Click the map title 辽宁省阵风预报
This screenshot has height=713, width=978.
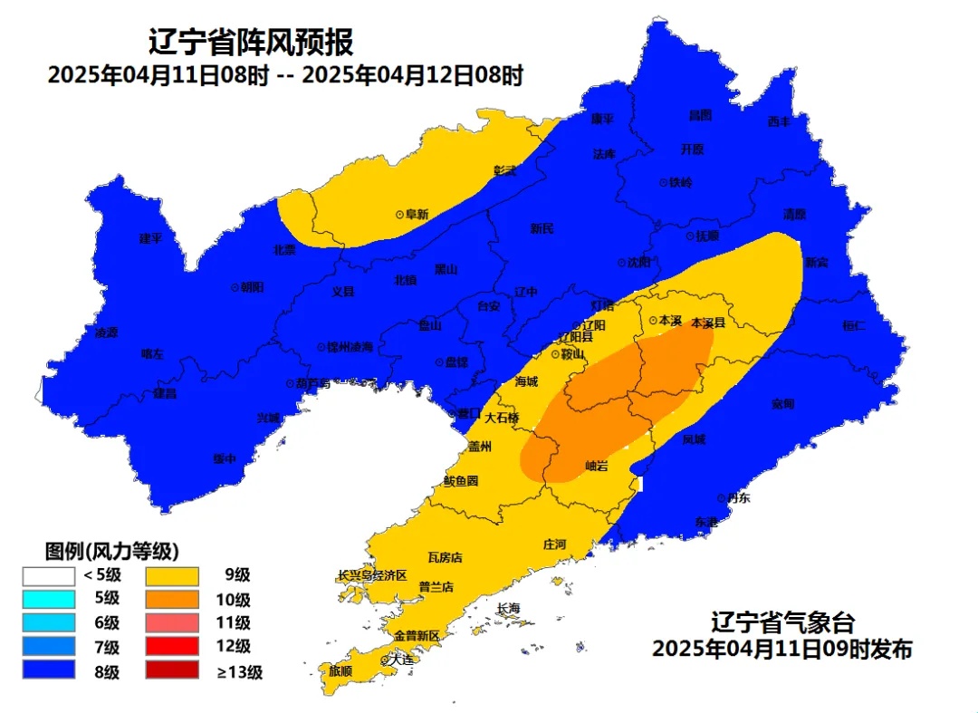(x=251, y=42)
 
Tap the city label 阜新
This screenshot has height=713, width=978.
(x=417, y=215)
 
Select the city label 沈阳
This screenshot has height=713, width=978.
(x=638, y=263)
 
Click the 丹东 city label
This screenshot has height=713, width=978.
(x=738, y=497)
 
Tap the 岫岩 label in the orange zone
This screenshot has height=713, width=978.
(x=597, y=466)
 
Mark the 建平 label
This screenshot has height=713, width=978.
(x=150, y=238)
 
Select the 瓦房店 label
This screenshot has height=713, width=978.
(x=445, y=558)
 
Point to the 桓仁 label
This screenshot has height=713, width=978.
(x=854, y=325)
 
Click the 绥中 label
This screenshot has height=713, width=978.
(x=225, y=458)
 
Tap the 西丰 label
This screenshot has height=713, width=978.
(x=779, y=121)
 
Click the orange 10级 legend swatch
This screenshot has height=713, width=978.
(x=171, y=599)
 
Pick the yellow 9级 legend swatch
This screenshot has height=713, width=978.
(x=171, y=574)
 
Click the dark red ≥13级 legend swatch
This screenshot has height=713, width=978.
(x=171, y=671)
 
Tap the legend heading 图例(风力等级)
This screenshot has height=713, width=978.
(x=111, y=551)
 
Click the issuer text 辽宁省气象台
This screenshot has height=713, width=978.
(x=781, y=623)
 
